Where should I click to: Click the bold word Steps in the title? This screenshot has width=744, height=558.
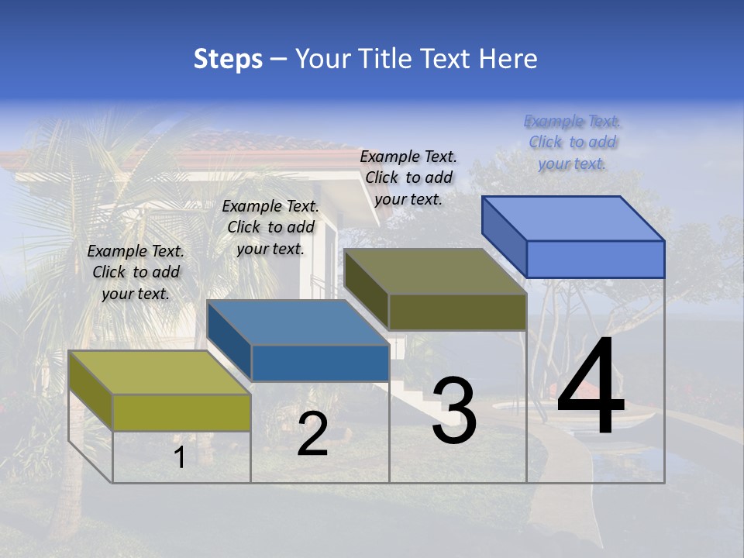[228, 59]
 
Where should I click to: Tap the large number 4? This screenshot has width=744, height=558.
[591, 387]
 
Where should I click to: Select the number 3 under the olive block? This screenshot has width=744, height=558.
[454, 411]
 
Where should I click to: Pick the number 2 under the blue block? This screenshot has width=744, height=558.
[312, 434]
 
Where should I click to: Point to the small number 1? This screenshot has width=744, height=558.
[179, 457]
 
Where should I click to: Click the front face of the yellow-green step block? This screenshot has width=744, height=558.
[181, 412]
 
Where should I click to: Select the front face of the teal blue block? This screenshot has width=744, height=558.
[320, 363]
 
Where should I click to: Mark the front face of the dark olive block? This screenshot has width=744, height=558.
[457, 312]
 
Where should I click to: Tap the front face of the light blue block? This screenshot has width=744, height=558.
[595, 259]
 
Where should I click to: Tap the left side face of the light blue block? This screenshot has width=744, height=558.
[504, 236]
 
